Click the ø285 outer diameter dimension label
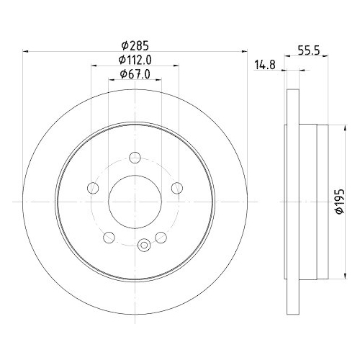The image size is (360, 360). [x=135, y=41]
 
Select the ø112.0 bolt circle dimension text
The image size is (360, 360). [x=135, y=59]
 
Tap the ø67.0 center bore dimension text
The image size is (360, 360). [x=135, y=75]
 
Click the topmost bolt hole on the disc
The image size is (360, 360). [x=135, y=156]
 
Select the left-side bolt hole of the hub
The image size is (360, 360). [x=92, y=188]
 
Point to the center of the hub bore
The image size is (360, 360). [x=135, y=202]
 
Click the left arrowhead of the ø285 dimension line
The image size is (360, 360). [x=27, y=50]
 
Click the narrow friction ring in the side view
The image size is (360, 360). [x=292, y=202]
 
